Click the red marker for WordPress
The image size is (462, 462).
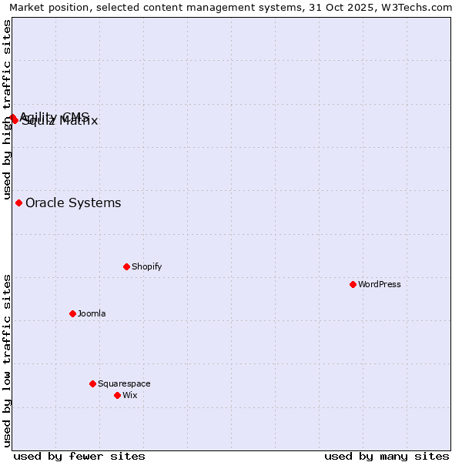(353, 284)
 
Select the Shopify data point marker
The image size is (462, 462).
(126, 266)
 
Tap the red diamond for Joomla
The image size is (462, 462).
(72, 313)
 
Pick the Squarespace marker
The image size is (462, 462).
(92, 383)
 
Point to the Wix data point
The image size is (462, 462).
(117, 395)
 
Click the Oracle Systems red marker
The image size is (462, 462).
(18, 203)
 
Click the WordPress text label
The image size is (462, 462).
(380, 284)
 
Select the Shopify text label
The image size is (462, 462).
(146, 266)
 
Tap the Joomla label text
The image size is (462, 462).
(92, 313)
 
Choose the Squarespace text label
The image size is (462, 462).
(124, 383)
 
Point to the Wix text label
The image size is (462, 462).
(129, 395)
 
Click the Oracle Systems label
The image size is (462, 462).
(73, 203)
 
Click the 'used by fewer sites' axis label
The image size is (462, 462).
(79, 456)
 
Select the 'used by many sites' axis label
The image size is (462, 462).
(387, 456)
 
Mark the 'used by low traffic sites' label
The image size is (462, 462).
(7, 360)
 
